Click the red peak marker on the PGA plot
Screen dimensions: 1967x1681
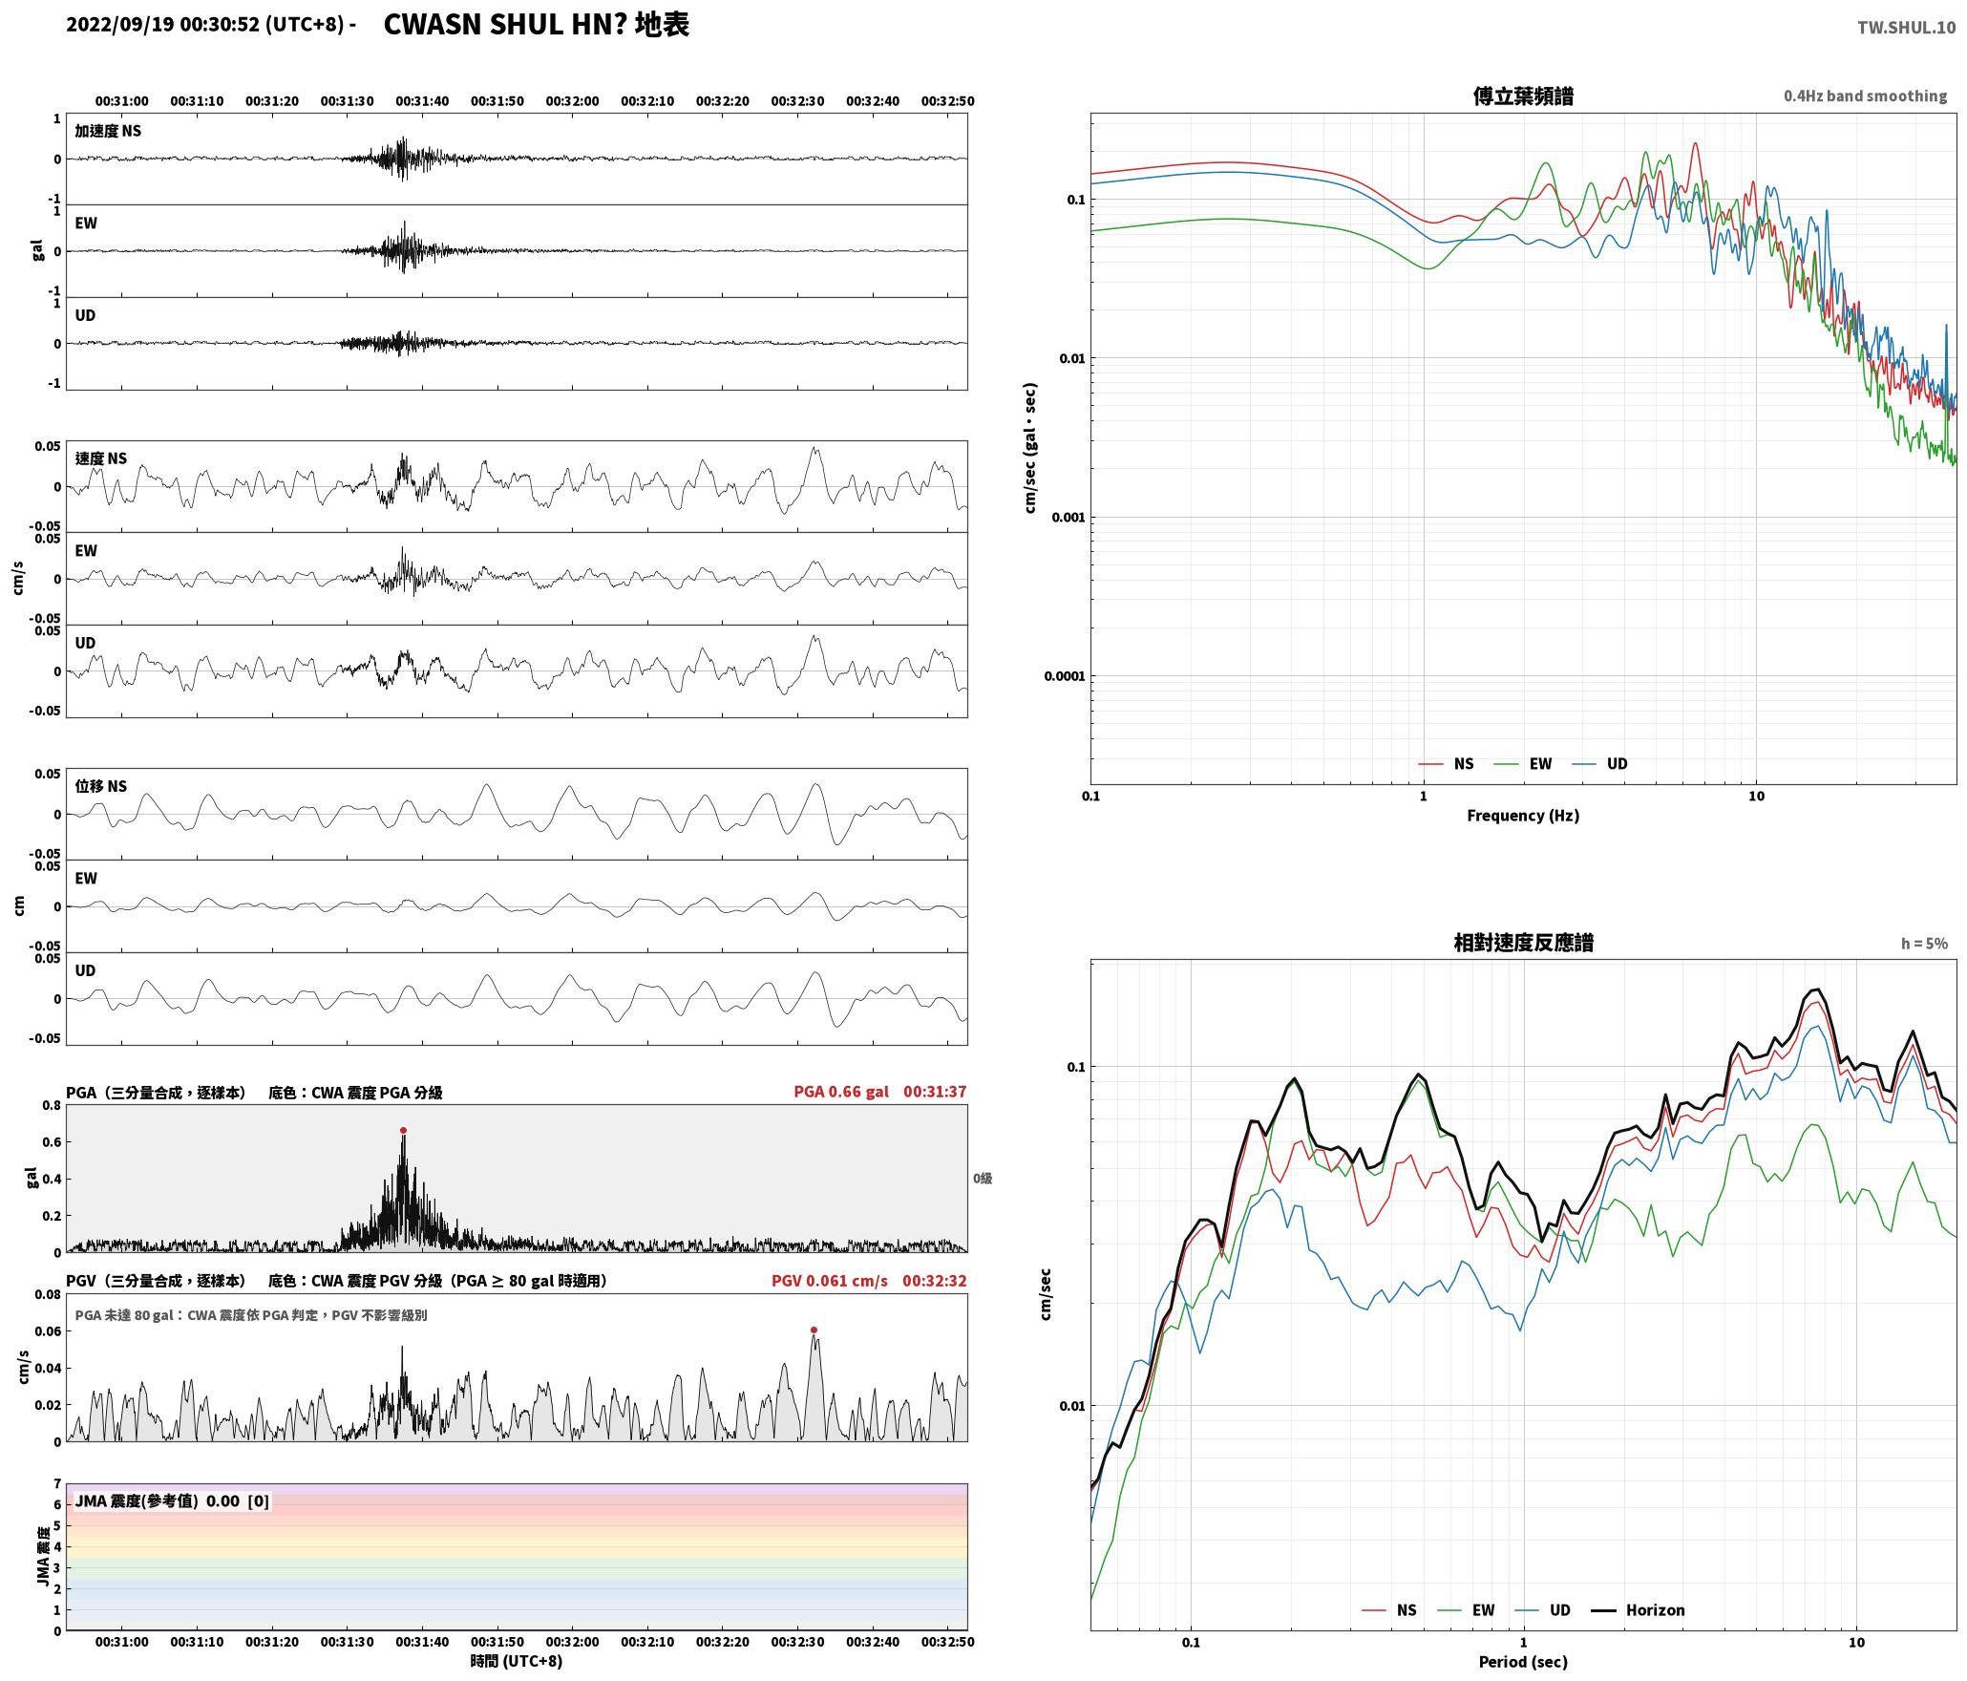[x=403, y=1130]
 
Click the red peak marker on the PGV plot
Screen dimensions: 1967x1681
[x=814, y=1330]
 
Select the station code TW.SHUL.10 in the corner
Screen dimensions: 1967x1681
[x=1906, y=28]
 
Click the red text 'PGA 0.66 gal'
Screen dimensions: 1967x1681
[x=840, y=1091]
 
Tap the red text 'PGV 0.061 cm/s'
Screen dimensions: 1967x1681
[x=829, y=1280]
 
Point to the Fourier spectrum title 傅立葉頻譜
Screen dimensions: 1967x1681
[x=1523, y=96]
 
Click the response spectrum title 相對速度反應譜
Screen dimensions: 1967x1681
[x=1523, y=942]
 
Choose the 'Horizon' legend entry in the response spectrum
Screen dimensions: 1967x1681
[x=1639, y=1609]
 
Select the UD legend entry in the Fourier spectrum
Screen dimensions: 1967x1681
[x=1600, y=763]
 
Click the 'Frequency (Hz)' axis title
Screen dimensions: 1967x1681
[x=1523, y=815]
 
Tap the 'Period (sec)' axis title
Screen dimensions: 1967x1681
[x=1523, y=1661]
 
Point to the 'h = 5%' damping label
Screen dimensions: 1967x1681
[x=1924, y=943]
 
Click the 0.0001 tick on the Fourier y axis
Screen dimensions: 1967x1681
[x=1065, y=676]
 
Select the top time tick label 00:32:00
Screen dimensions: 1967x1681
[x=572, y=100]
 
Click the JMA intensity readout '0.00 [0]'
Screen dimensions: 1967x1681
[x=238, y=1500]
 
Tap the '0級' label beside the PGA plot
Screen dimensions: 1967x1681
[x=983, y=1178]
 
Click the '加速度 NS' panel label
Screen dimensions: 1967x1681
[x=108, y=131]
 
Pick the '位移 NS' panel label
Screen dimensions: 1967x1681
[x=100, y=786]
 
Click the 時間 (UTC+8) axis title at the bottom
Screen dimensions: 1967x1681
[x=517, y=1660]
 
